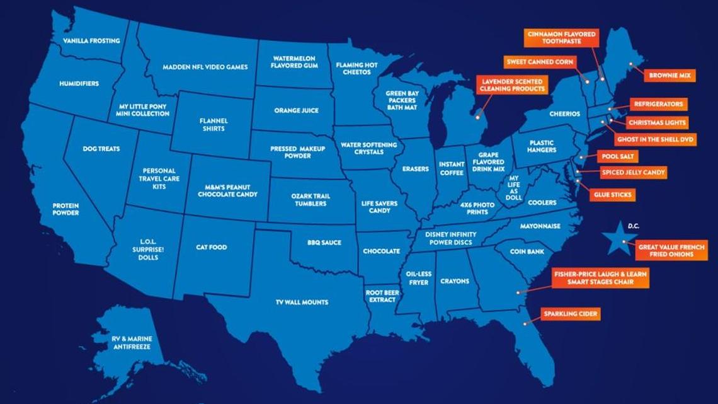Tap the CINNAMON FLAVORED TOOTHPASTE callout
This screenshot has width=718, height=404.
(x=561, y=37)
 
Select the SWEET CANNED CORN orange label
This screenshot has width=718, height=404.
(x=538, y=62)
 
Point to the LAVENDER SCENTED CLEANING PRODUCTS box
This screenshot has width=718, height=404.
(x=511, y=85)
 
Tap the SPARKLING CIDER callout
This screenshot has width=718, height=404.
(x=570, y=313)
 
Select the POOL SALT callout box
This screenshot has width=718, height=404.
(x=620, y=156)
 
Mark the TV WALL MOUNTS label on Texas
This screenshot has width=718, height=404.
(x=302, y=303)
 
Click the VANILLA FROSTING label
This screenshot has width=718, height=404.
(x=91, y=41)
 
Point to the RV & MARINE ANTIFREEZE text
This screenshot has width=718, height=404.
(x=132, y=343)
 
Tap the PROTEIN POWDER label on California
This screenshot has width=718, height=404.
(x=66, y=209)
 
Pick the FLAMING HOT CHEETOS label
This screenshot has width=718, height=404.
(x=356, y=69)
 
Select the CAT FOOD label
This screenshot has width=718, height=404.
(x=211, y=248)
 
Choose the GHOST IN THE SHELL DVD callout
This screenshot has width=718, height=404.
(x=655, y=139)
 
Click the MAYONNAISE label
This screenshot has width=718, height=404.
(x=540, y=226)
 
